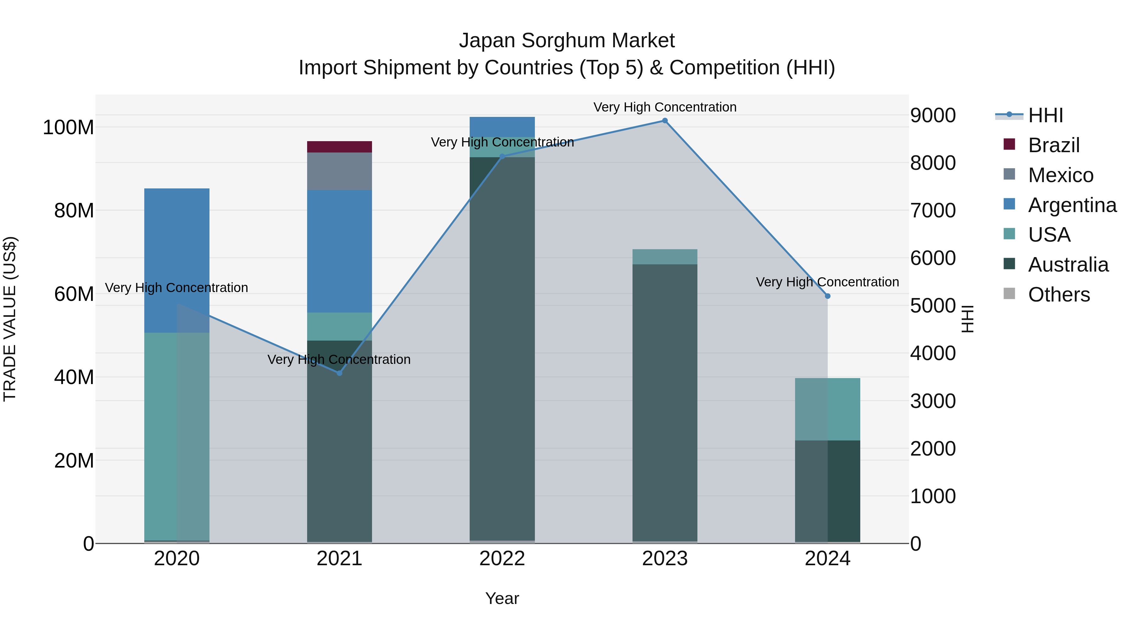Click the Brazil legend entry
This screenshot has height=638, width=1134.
(x=1053, y=145)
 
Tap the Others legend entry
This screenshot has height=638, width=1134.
(x=1059, y=295)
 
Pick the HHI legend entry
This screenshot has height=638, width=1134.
(x=1045, y=115)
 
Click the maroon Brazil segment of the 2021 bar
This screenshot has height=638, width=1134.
(x=339, y=147)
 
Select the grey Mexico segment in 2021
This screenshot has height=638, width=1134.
(x=339, y=171)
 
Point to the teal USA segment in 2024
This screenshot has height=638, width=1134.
(x=827, y=409)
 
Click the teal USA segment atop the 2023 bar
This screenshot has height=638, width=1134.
(x=665, y=257)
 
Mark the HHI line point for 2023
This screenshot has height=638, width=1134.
(x=665, y=121)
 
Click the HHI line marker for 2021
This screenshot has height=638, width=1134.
(x=339, y=373)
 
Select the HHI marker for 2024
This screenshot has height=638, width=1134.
(x=828, y=296)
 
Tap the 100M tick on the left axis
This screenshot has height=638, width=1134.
(x=68, y=128)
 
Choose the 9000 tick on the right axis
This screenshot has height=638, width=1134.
(x=933, y=115)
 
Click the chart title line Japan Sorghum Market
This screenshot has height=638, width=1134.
(x=567, y=41)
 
